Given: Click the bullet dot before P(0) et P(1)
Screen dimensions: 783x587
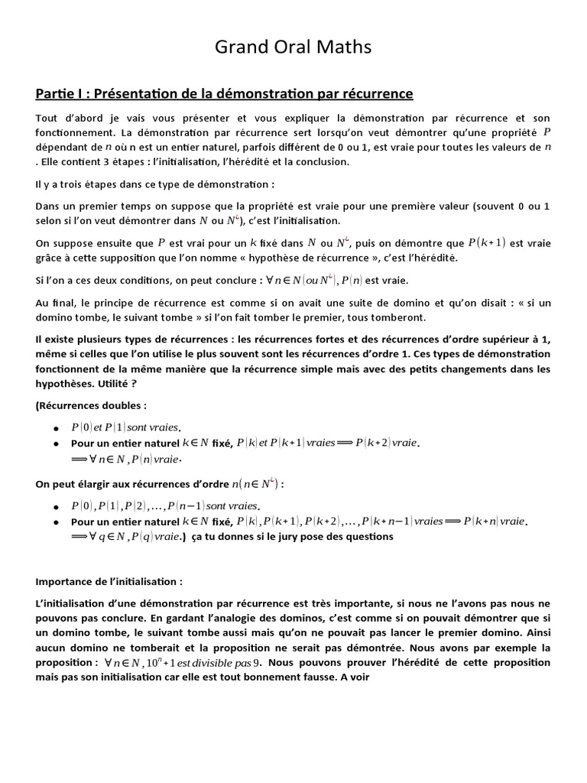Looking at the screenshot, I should pyautogui.click(x=57, y=427).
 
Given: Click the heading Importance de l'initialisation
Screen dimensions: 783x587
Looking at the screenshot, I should pyautogui.click(x=109, y=581).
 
